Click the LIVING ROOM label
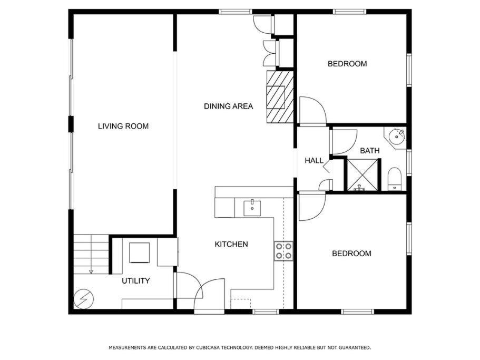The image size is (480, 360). coord(123,126)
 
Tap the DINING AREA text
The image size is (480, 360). coord(228,106)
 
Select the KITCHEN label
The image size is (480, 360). coord(231,244)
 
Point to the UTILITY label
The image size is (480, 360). coord(135,281)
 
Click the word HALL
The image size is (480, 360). coord(314,160)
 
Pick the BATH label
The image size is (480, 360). coord(370,151)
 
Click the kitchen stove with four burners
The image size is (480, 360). coord(283,251)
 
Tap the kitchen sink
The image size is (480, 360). coord(252,209)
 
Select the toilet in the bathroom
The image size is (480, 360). coord(394,179)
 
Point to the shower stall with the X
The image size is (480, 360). coord(363,175)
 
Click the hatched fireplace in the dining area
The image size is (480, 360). coord(280,97)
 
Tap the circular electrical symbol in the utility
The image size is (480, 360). coord(84,298)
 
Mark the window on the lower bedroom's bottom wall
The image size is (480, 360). coord(358,312)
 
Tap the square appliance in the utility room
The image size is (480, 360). coord(140,253)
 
